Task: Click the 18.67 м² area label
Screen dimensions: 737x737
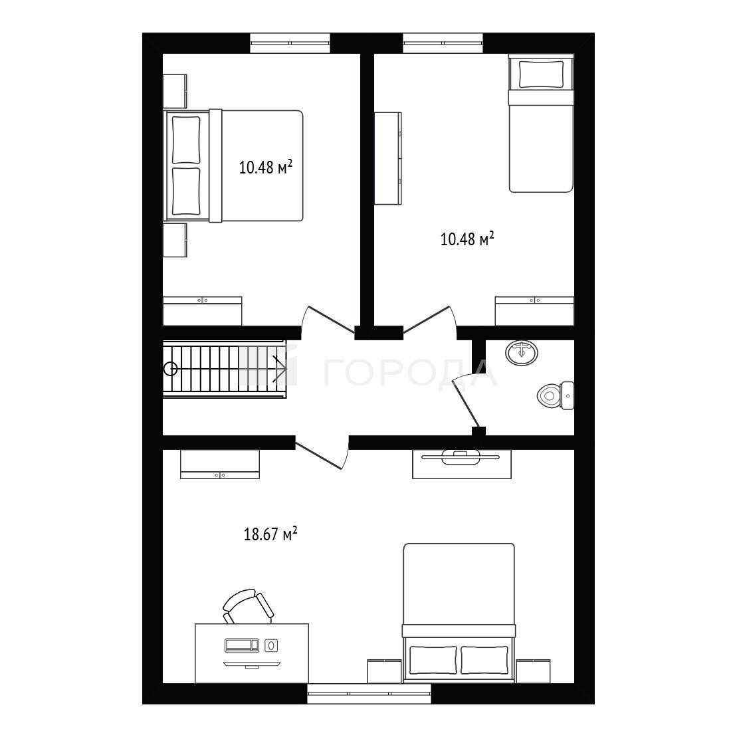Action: pos(270,534)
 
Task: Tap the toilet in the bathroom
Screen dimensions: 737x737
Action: pos(555,395)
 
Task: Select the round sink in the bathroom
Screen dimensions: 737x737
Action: pos(522,352)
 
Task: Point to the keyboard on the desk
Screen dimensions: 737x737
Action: pos(242,645)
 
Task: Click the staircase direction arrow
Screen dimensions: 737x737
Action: pos(280,368)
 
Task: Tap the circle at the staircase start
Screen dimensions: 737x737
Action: pos(171,368)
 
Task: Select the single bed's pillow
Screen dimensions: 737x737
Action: pos(541,74)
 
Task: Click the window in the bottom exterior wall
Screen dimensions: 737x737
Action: pos(369,693)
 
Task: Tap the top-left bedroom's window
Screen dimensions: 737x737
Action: pos(290,43)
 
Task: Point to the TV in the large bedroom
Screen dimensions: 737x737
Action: pos(462,457)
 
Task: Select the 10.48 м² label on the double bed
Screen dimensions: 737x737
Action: pos(266,167)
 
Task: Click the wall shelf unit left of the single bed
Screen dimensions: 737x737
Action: pos(387,158)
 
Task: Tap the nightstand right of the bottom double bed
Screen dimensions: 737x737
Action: pos(533,671)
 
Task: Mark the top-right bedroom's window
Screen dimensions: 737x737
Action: pos(443,43)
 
